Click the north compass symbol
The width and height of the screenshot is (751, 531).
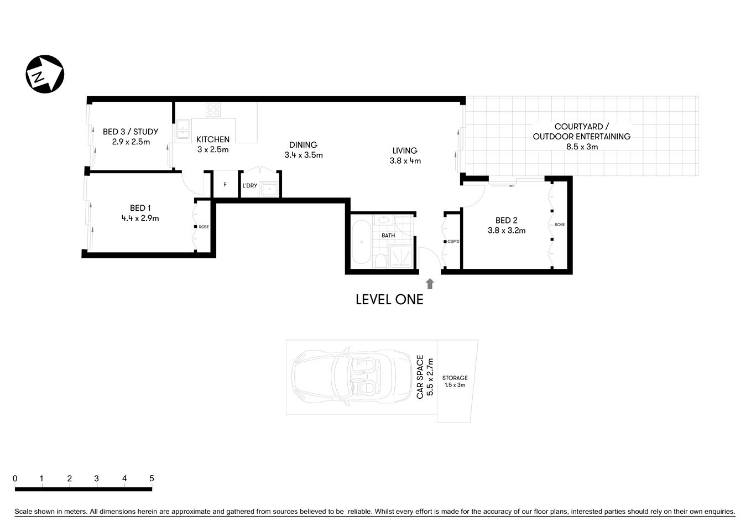pos(45,74)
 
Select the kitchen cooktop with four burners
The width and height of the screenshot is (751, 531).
pos(213,110)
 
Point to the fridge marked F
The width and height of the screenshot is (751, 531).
pos(225,185)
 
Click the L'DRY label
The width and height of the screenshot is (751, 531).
pos(250,185)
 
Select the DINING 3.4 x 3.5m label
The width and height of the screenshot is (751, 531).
pos(304,150)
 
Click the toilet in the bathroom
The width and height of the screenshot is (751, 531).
pos(380,261)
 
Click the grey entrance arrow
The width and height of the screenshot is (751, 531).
pos(430,283)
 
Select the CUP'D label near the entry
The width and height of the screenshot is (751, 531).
pos(453,242)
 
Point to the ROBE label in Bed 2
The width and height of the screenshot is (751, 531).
pos(560,225)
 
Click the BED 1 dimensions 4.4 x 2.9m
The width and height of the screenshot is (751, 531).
pos(140,218)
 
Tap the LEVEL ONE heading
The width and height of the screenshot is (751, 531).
pos(389,300)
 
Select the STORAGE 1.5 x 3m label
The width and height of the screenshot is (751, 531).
pos(455,381)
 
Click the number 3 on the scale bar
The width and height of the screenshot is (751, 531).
pos(97,478)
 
